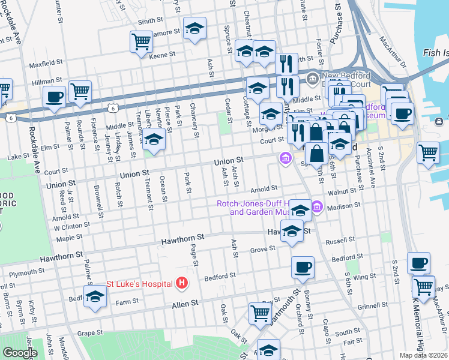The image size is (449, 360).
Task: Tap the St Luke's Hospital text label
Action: click(x=140, y=283)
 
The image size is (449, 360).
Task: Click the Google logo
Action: click(x=19, y=352)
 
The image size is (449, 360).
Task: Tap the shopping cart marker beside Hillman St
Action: click(x=80, y=92)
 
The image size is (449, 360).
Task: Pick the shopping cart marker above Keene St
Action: click(x=141, y=42)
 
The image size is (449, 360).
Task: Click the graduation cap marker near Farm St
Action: click(x=95, y=297)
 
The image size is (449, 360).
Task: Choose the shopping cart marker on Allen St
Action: click(x=260, y=313)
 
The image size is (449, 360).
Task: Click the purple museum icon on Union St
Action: click(x=284, y=158)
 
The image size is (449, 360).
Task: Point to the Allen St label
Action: click(x=185, y=305)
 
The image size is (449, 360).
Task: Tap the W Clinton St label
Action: click(x=72, y=226)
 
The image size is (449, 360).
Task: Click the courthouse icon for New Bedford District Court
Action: click(x=312, y=79)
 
